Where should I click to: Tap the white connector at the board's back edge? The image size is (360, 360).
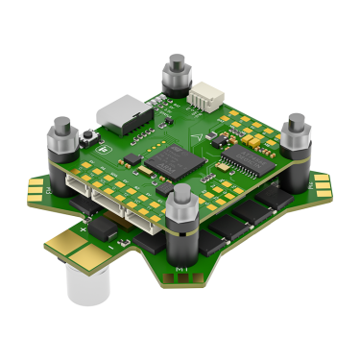(203, 97)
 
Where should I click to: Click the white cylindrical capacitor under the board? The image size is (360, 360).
(81, 282)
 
